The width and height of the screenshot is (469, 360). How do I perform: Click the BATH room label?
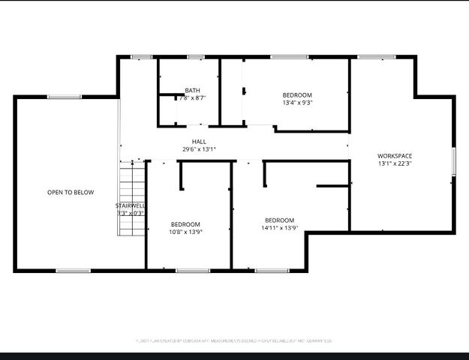pyautogui.click(x=193, y=91)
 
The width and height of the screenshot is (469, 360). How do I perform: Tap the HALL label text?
pyautogui.click(x=199, y=142)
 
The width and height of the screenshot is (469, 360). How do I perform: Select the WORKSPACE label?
pyautogui.click(x=395, y=156)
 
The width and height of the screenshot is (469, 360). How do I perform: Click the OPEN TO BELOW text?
pyautogui.click(x=71, y=193)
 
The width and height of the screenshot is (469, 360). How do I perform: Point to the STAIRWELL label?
pyautogui.click(x=130, y=205)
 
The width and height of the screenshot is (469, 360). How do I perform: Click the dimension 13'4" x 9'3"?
pyautogui.click(x=297, y=103)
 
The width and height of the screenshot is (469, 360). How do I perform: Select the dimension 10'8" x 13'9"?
pyautogui.click(x=185, y=232)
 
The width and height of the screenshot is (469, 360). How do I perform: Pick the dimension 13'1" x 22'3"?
pyautogui.click(x=395, y=163)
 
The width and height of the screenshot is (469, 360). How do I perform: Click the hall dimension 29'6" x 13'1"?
pyautogui.click(x=199, y=149)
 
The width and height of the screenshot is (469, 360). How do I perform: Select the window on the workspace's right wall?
pyautogui.click(x=453, y=162)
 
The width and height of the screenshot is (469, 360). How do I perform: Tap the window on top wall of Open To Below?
pyautogui.click(x=65, y=97)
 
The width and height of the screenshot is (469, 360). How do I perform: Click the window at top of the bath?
pyautogui.click(x=196, y=57)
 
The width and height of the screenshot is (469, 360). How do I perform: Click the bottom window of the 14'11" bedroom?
pyautogui.click(x=272, y=270)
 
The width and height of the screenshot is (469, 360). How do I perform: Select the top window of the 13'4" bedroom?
pyautogui.click(x=290, y=57)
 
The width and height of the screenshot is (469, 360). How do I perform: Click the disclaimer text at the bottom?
pyautogui.click(x=234, y=340)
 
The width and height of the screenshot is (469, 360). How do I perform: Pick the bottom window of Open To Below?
pyautogui.click(x=73, y=270)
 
